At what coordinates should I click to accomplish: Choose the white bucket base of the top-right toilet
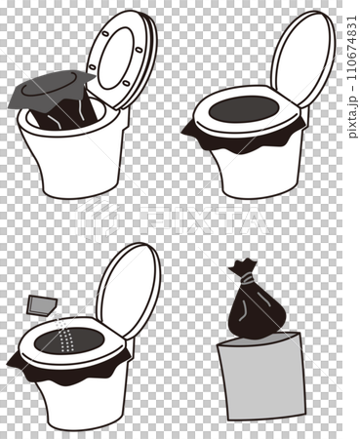click(x=254, y=176)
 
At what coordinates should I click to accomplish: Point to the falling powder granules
click(x=64, y=337)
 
